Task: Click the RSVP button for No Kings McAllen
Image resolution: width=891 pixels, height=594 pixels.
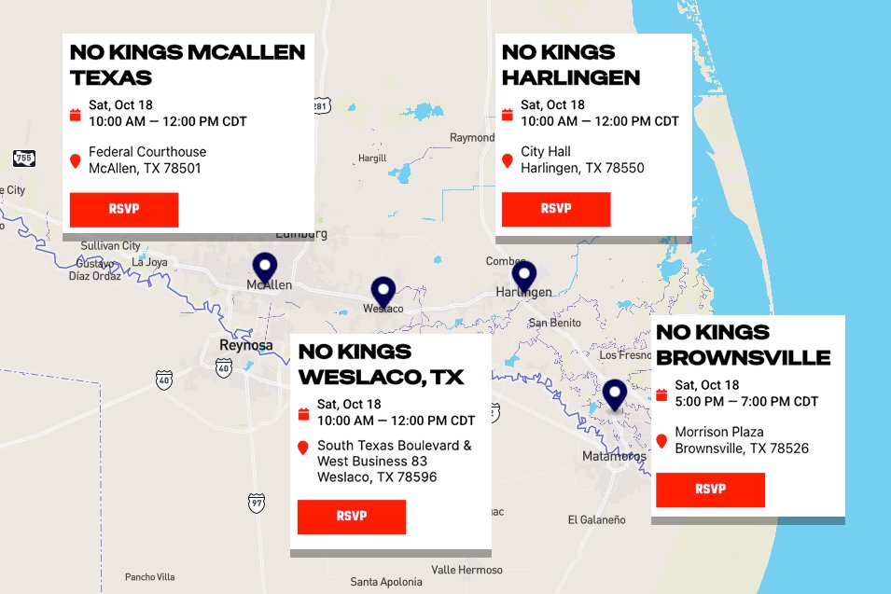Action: click(124, 209)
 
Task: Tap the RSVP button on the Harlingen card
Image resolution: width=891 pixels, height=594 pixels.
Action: click(556, 209)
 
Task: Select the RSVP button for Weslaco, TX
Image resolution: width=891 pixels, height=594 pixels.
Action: click(352, 517)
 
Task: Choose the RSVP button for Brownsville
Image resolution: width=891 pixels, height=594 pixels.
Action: click(710, 490)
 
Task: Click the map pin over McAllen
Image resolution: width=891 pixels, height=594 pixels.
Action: click(265, 269)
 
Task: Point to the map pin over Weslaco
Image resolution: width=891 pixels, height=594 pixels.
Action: click(383, 292)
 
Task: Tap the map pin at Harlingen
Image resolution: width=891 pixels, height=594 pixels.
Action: click(524, 276)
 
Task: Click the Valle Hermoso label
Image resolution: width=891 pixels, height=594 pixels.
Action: click(466, 570)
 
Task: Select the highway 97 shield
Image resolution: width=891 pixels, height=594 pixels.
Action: click(257, 502)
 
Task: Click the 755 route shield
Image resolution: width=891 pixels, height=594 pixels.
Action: click(24, 159)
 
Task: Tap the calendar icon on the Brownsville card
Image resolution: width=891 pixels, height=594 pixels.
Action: click(661, 394)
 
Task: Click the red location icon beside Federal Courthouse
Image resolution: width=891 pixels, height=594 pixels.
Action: click(76, 161)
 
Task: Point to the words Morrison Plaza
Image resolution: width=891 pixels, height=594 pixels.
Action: click(719, 432)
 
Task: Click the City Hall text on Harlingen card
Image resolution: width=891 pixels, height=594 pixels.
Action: click(546, 151)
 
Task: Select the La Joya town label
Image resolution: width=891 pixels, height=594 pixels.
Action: click(149, 262)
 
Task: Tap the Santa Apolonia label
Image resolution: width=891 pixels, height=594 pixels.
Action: click(386, 582)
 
